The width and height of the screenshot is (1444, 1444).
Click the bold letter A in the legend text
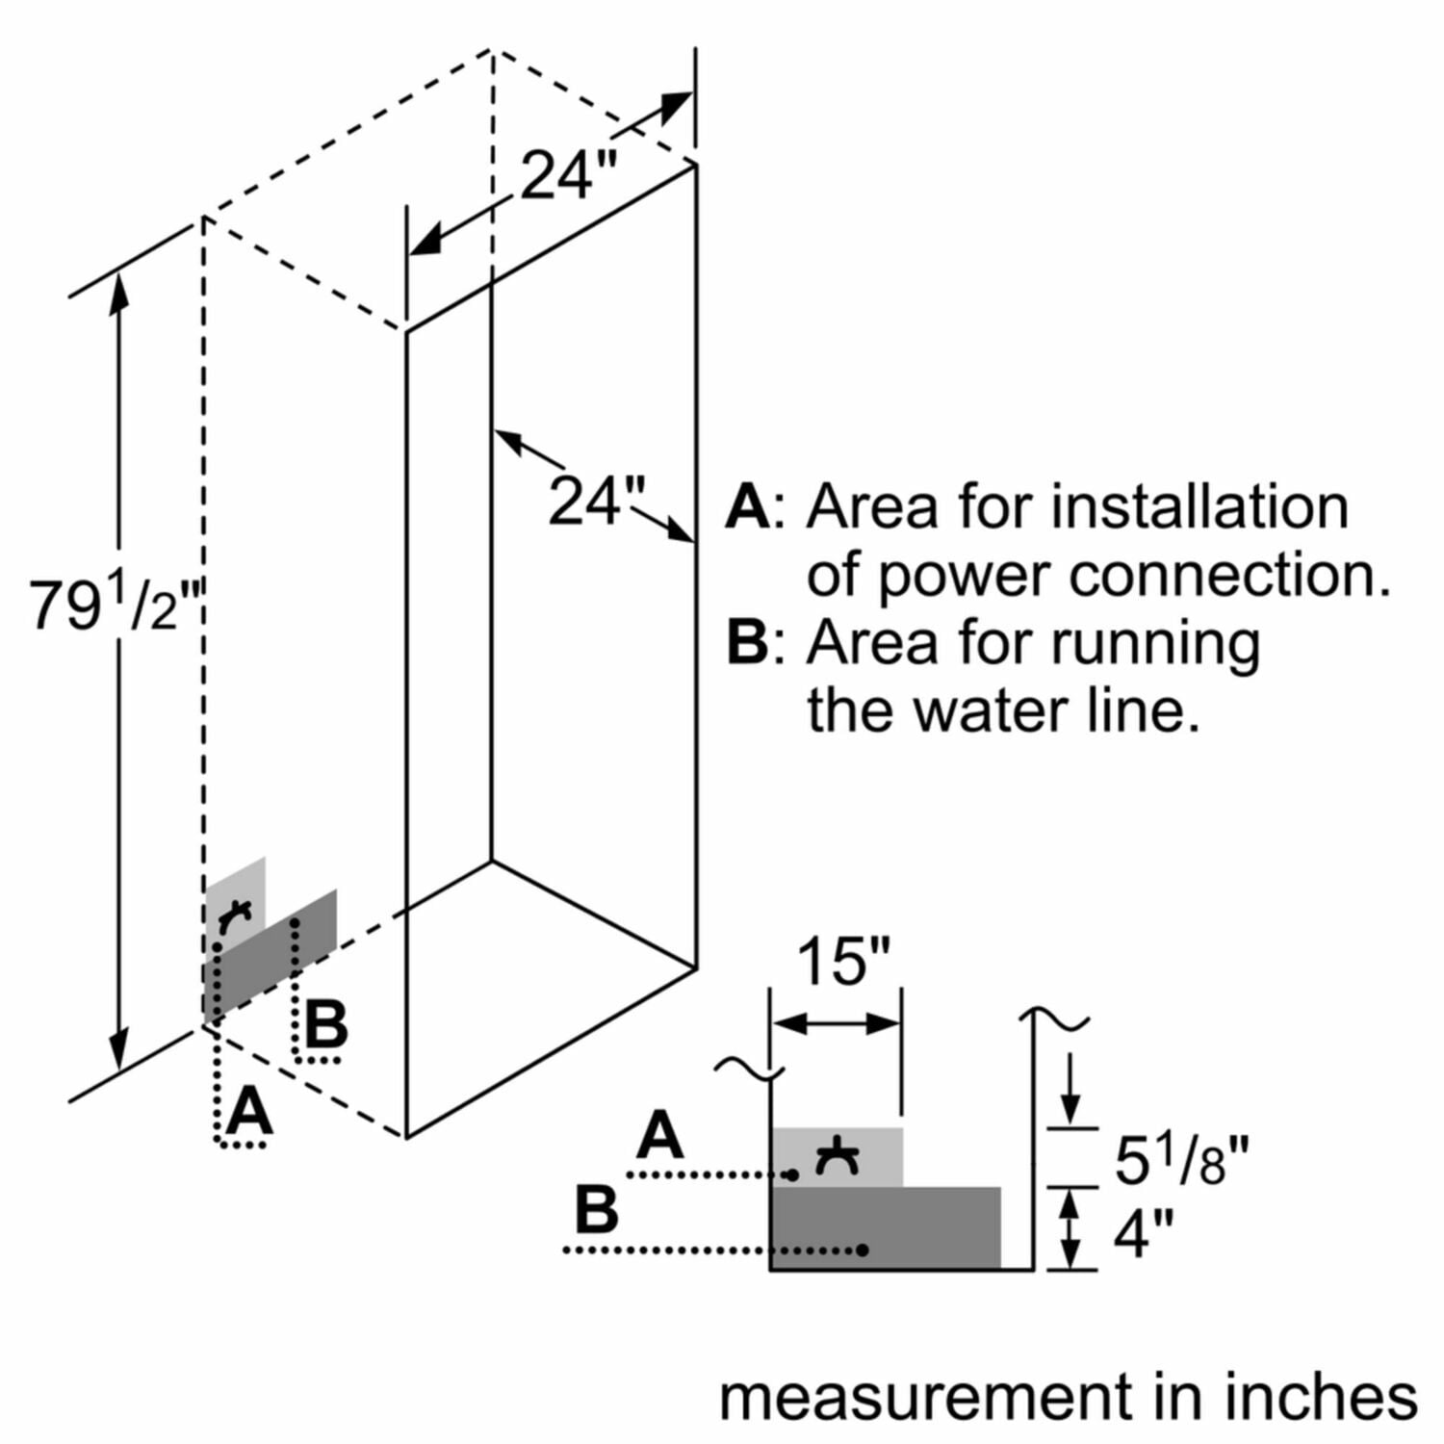pos(747,507)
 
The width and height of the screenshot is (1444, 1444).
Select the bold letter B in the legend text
pos(747,642)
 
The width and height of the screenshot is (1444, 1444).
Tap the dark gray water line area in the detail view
pos(924,1227)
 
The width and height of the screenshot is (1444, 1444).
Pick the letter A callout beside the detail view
pos(660,1135)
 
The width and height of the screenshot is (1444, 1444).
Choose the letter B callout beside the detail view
pos(597,1209)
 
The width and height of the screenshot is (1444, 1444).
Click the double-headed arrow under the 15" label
pos(836,1023)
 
